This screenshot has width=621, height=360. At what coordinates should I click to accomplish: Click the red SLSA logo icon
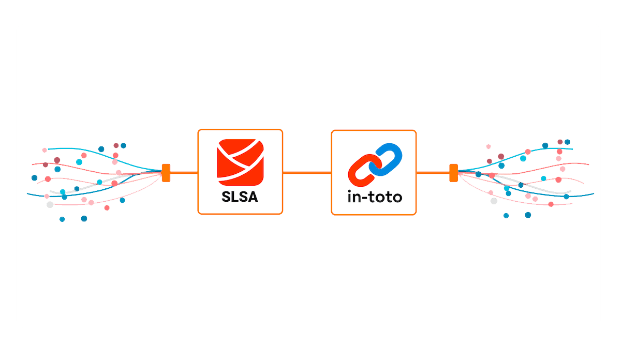point(240,161)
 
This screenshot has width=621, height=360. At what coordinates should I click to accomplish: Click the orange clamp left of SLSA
point(166,172)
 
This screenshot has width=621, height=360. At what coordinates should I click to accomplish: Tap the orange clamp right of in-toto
point(453,172)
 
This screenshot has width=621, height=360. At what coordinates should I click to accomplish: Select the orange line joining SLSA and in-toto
point(307,172)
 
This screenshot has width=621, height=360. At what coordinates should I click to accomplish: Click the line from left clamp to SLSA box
point(184,172)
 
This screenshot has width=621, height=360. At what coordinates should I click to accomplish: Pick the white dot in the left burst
point(50,204)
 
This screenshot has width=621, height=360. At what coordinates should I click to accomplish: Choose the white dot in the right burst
point(494,201)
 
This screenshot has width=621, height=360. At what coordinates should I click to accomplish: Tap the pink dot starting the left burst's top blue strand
point(45,150)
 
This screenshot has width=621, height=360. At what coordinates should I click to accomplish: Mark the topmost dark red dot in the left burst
point(116,146)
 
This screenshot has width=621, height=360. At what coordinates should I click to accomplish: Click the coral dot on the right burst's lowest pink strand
point(551,204)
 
